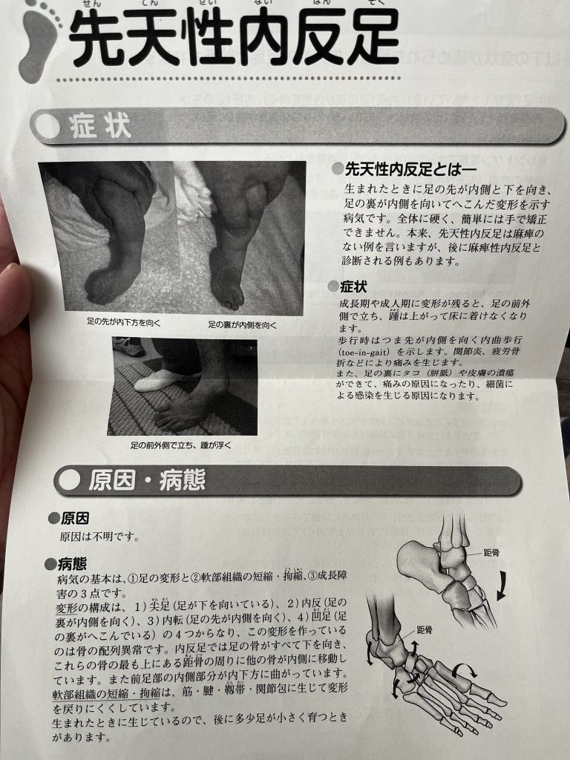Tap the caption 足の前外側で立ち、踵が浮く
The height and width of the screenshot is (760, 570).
(182, 445)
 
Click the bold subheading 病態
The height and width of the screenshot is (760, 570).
(73, 564)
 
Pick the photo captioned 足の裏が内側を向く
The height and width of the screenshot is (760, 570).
(239, 237)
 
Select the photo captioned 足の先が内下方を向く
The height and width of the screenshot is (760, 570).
(107, 237)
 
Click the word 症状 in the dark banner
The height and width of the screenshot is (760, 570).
(99, 127)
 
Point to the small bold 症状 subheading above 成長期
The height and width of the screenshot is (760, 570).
(353, 286)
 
